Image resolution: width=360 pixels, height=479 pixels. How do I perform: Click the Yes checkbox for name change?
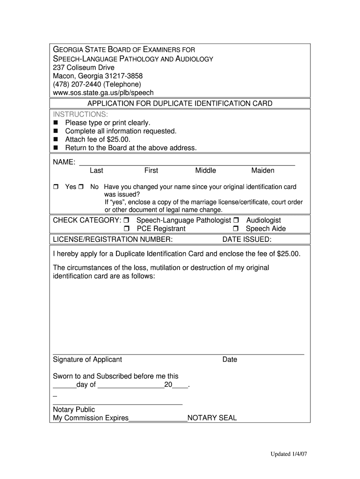56,187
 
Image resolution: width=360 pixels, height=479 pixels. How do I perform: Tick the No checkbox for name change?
81,187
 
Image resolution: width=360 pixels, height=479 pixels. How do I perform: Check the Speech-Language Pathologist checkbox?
127,220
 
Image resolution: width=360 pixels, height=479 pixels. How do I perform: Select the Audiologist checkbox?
236,220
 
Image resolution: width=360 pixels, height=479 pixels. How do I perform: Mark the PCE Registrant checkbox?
127,229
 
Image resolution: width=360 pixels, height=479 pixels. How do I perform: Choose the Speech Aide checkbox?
236,229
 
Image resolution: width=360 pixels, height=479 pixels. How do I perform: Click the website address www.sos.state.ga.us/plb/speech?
103,93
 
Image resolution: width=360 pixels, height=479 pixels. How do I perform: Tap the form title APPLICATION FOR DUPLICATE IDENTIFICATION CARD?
180,103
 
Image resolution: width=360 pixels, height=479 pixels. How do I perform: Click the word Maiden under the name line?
263,171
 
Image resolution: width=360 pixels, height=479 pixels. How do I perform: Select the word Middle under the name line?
205,171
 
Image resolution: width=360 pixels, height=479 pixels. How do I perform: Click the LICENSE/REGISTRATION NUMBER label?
113,239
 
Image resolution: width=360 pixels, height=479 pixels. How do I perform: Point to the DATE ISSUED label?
246,239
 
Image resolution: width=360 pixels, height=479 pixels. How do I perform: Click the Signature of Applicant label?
87,360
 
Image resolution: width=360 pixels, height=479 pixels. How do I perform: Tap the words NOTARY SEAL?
212,418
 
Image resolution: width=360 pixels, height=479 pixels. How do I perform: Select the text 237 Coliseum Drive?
83,67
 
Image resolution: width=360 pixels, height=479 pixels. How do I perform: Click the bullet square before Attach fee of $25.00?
56,140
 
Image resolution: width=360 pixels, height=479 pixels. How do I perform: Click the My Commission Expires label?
91,418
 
